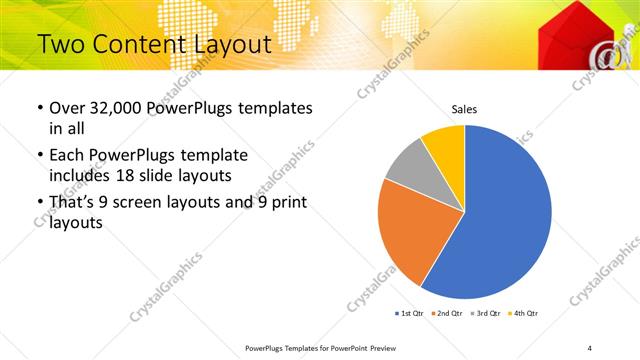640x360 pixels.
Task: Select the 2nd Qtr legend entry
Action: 447,314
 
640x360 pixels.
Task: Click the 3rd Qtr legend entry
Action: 485,314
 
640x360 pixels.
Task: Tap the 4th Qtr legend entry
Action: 523,314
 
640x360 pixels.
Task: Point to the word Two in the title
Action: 61,44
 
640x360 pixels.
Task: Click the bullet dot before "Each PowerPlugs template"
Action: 39,156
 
